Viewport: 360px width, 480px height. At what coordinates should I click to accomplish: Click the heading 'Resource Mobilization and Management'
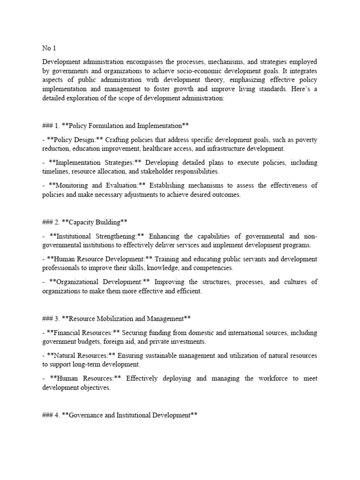(122, 319)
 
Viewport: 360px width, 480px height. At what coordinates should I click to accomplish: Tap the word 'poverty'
(307, 140)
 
